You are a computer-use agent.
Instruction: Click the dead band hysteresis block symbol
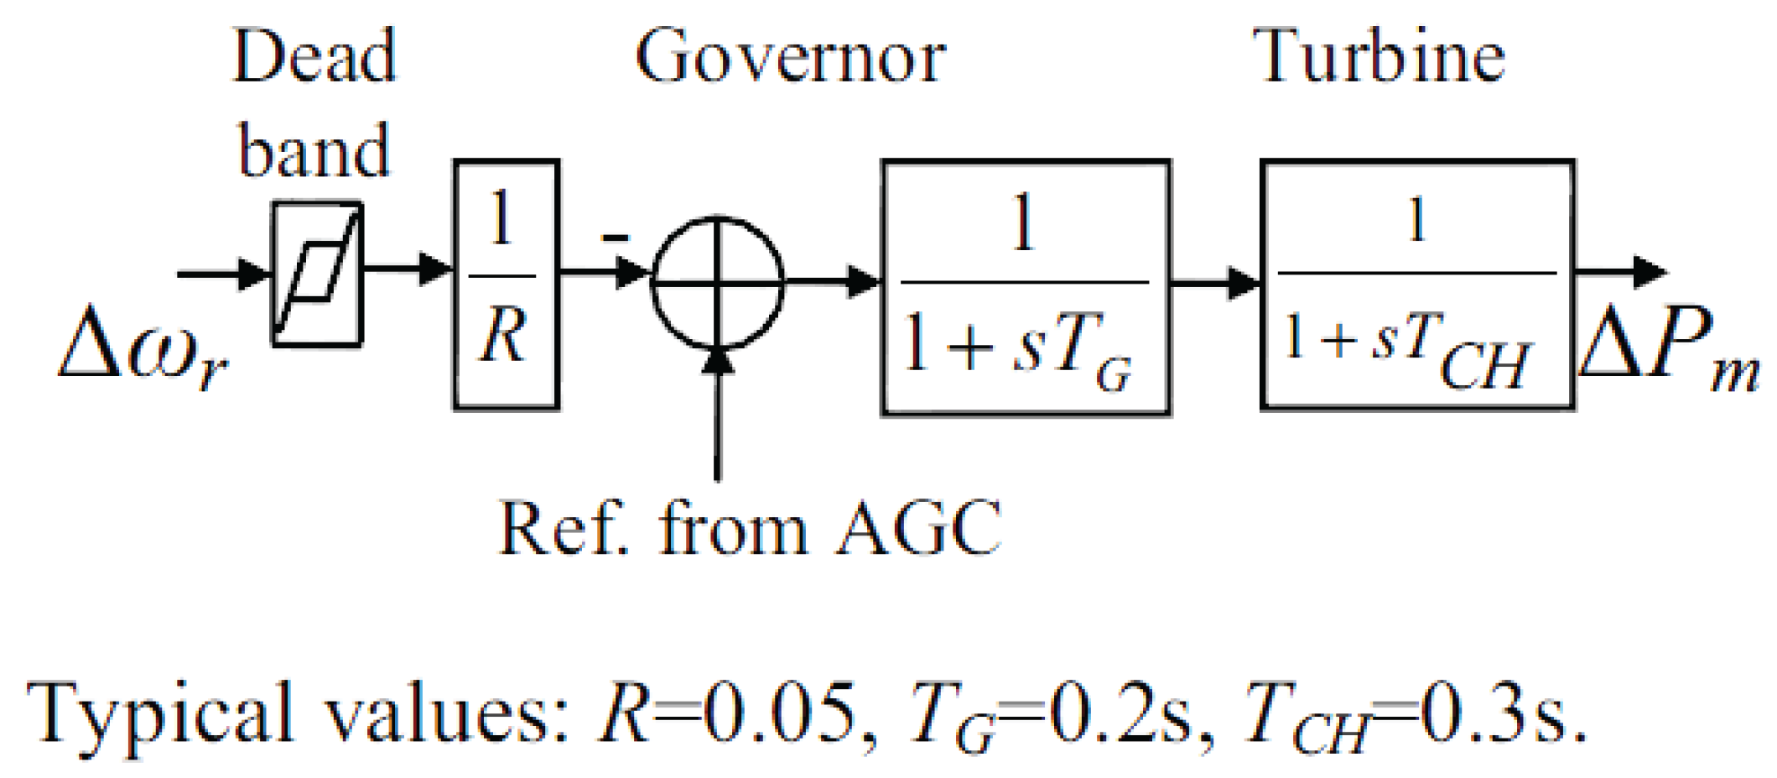[317, 274]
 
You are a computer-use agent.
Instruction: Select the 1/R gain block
[506, 284]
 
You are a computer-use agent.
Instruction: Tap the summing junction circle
[718, 283]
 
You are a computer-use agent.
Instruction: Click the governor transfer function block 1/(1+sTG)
[1025, 287]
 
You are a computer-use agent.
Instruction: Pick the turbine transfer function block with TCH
[1416, 284]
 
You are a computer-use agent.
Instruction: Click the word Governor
[790, 57]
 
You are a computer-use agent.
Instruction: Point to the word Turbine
[1380, 57]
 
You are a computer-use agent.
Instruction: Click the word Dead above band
[314, 57]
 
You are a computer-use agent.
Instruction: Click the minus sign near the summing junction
[615, 238]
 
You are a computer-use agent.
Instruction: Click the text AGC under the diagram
[918, 529]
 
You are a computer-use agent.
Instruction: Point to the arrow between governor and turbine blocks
[1215, 283]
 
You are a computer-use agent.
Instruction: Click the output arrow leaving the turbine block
[1619, 272]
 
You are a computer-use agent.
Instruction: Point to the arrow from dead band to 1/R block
[408, 269]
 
